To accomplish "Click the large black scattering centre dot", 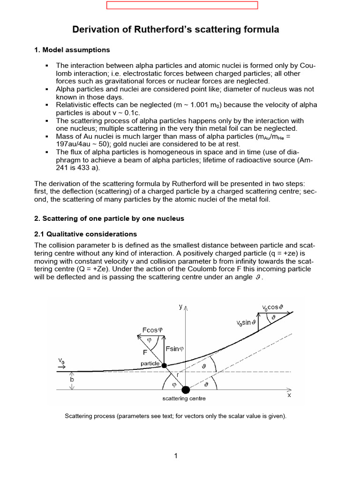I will point(186,390).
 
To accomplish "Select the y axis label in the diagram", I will point(181,306).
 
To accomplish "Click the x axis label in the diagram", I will point(289,395).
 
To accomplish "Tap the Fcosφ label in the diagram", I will point(153,330).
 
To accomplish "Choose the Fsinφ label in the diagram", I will point(177,349).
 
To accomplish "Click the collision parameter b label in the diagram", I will point(72,380).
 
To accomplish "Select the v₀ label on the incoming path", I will point(61,361).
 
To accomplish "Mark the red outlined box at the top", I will point(182,6).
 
